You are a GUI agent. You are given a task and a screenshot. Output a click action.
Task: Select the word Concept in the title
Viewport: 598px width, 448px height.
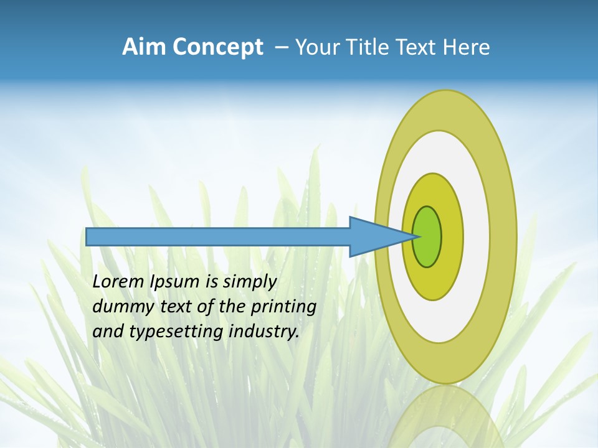pos(218,47)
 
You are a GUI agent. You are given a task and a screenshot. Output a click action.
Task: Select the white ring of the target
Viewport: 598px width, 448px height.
pos(476,237)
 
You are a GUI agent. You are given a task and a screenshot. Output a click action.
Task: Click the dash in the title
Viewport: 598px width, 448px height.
pos(281,47)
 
